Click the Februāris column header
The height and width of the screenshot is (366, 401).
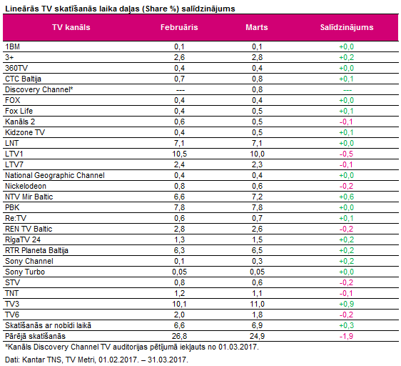pos(179,27)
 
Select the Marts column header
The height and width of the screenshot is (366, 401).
pos(257,27)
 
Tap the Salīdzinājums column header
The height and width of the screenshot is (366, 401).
pos(347,27)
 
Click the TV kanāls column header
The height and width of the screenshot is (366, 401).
pos(71,27)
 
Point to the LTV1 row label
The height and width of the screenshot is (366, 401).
pos(14,154)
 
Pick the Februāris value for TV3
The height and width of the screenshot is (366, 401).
pos(179,304)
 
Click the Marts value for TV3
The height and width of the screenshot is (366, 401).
pos(257,304)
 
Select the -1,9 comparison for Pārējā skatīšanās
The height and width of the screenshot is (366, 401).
pos(346,336)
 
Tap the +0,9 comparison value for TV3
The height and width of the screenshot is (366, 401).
pos(347,304)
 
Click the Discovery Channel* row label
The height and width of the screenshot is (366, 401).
pos(39,89)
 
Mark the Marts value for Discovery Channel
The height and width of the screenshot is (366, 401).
pos(257,89)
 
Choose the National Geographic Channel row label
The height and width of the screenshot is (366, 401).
pos(55,175)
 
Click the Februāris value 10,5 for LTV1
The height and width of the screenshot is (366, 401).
pos(179,154)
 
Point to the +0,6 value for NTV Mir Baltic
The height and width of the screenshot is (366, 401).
pos(347,197)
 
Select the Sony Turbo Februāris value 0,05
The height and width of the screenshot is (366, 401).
pos(179,272)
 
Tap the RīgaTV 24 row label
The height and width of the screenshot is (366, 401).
pos(23,239)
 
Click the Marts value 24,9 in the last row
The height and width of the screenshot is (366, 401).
pos(257,336)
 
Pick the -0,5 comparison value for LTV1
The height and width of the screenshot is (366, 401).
pos(346,154)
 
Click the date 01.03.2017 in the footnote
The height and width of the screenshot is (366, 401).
pos(238,347)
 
